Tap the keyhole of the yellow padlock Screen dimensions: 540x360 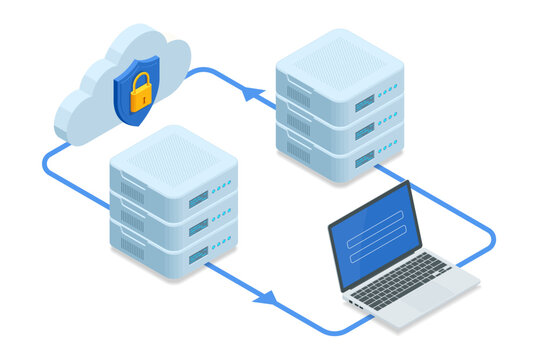tap(141, 96)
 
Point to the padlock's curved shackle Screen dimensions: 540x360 tap(141, 79)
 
